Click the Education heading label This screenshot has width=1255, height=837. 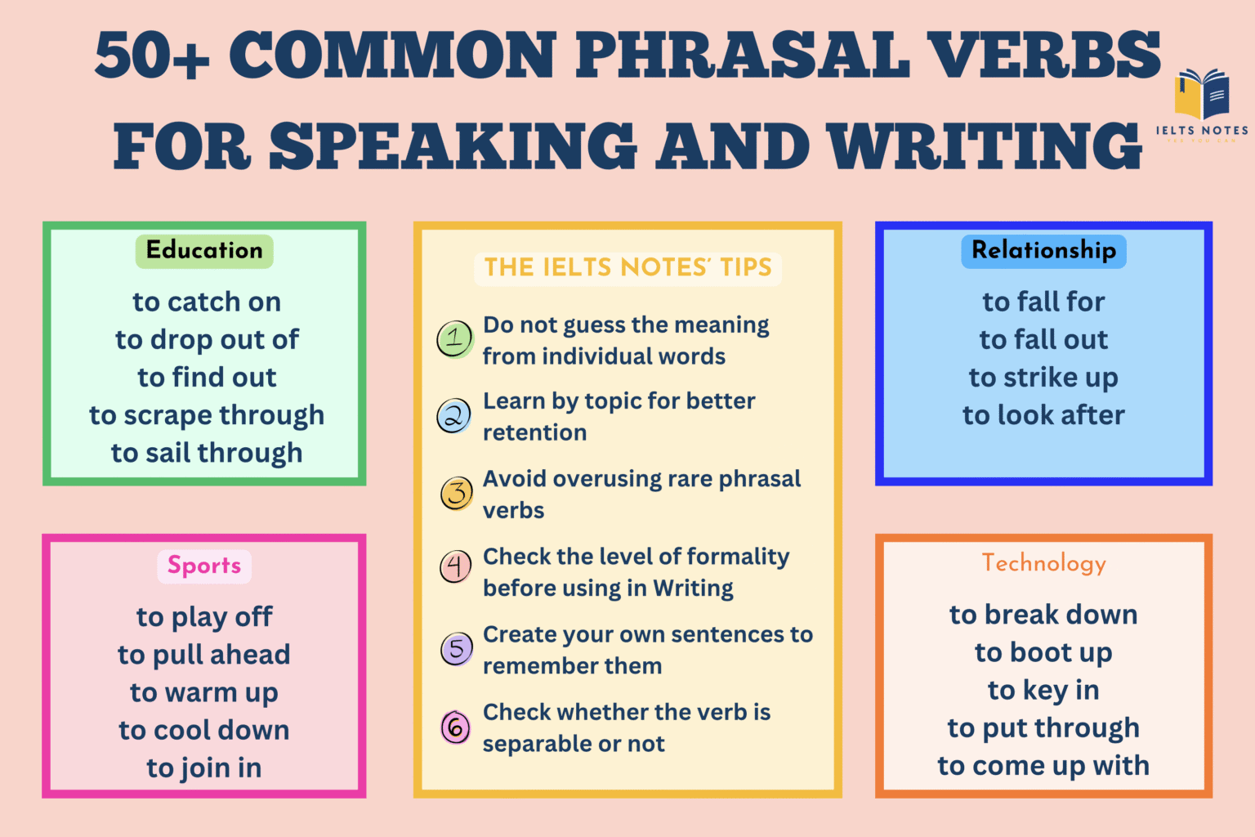pos(204,250)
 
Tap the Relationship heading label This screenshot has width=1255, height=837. pos(1043,250)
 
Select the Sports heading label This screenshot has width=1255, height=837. pos(204,566)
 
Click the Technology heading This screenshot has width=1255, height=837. pos(1043,563)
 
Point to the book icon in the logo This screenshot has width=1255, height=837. pos(1202,94)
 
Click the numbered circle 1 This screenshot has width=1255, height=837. pos(454,339)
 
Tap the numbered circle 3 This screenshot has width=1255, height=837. pos(457,494)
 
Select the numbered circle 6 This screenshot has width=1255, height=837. pos(455,727)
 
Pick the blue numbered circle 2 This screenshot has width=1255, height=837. pos(453,416)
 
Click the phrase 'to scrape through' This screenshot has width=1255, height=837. pos(207,415)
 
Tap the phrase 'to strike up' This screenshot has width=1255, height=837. pos(1043,378)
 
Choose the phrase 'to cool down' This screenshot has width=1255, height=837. pos(204,730)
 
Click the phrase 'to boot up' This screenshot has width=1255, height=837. pos(1043,652)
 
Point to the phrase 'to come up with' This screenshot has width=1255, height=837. pos(1043,766)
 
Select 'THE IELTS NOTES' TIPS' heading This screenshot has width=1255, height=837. pos(627,268)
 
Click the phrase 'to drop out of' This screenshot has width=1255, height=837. pos(207,340)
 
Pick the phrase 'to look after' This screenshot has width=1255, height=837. pos(1043,415)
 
